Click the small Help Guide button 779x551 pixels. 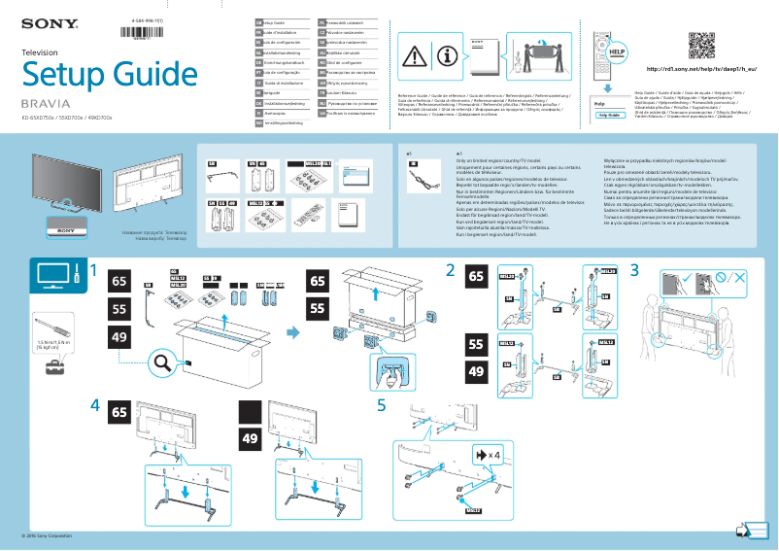pos(609,114)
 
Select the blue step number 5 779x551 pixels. pos(382,404)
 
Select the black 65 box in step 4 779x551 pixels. pos(120,410)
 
